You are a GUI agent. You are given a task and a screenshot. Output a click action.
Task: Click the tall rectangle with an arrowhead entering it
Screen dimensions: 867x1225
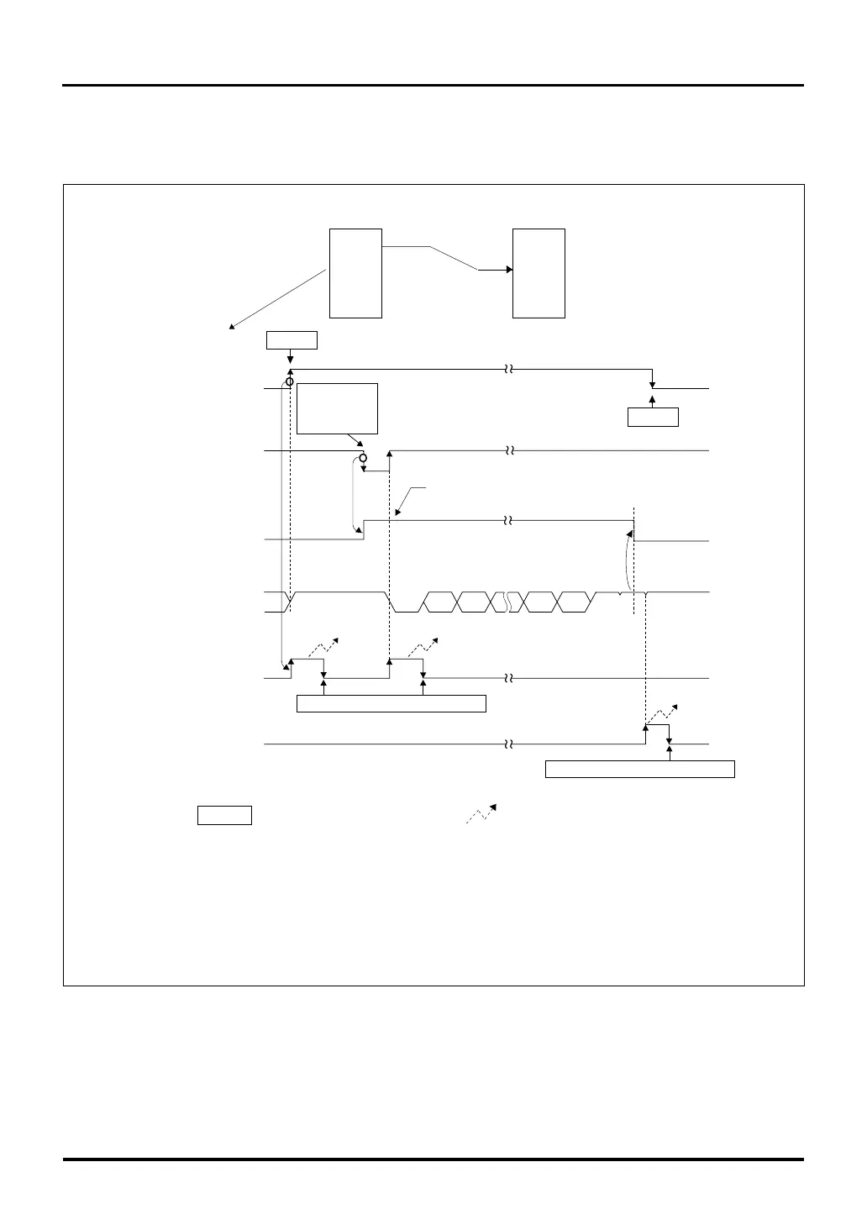539,273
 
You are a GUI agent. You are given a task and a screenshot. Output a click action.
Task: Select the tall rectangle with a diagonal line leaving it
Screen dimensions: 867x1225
355,273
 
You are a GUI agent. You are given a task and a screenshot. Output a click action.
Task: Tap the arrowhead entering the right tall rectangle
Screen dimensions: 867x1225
508,270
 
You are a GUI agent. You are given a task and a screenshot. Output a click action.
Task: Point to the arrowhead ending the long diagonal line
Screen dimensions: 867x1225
232,327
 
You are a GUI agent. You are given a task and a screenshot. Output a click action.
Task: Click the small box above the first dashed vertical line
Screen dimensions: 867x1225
292,340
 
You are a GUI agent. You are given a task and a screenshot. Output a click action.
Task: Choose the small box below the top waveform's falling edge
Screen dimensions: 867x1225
653,417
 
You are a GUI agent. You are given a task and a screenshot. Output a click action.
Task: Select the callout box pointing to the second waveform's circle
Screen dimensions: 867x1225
338,408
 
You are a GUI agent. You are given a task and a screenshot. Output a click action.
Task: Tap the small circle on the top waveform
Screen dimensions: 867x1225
290,383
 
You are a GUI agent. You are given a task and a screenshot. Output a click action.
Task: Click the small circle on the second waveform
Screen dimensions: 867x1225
363,458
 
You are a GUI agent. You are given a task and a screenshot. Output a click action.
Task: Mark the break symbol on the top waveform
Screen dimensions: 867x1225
508,369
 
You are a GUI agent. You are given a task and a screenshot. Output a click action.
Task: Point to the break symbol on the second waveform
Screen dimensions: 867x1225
508,451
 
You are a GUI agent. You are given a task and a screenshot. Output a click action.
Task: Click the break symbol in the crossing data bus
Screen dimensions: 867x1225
507,602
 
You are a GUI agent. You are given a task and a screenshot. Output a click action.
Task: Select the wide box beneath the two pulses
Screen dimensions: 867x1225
391,703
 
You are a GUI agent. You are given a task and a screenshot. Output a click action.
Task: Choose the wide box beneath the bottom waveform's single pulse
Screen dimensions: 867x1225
640,769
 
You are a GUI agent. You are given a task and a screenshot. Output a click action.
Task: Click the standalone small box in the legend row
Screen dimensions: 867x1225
224,815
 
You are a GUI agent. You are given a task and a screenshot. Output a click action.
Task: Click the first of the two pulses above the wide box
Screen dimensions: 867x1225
307,668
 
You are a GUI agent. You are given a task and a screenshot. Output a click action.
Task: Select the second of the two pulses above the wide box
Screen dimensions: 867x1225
406,668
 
